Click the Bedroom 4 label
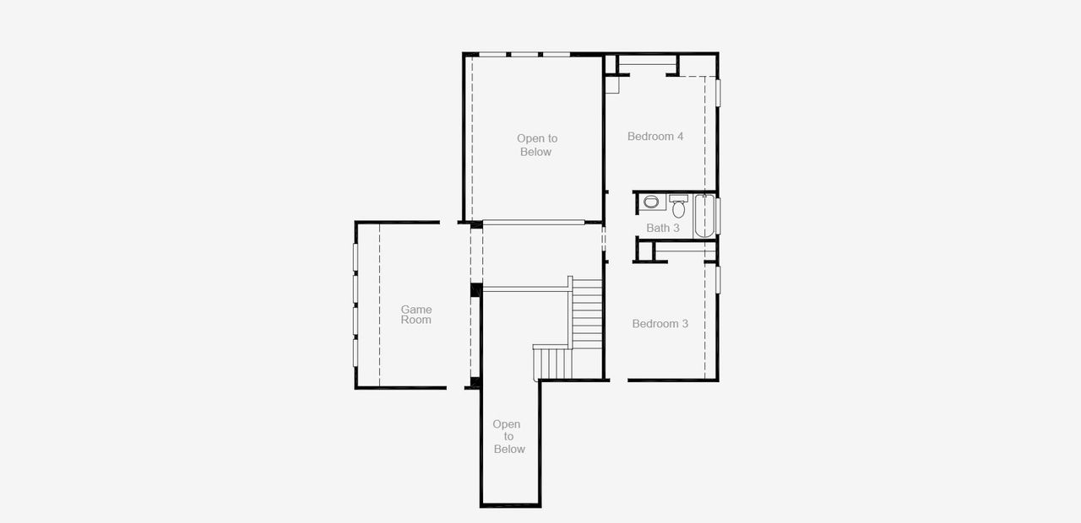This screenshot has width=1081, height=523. pyautogui.click(x=655, y=136)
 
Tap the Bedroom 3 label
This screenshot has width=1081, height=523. pyautogui.click(x=660, y=323)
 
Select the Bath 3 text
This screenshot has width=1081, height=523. pyautogui.click(x=663, y=228)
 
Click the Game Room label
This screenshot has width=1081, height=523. pyautogui.click(x=416, y=315)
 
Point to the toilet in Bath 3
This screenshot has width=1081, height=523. pyautogui.click(x=679, y=207)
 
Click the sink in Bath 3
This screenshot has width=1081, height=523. pyautogui.click(x=651, y=202)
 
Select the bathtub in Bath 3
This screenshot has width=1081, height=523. pyautogui.click(x=704, y=216)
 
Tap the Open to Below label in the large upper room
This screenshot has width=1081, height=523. pyautogui.click(x=536, y=145)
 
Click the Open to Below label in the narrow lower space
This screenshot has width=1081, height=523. pyautogui.click(x=508, y=436)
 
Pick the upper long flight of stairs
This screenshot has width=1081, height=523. pyautogui.click(x=587, y=315)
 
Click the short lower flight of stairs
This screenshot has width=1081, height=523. pyautogui.click(x=552, y=363)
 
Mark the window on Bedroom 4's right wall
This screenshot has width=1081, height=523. pyautogui.click(x=718, y=92)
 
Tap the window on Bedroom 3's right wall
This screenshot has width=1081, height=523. pyautogui.click(x=718, y=279)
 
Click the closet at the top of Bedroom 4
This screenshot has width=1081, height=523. pyautogui.click(x=648, y=64)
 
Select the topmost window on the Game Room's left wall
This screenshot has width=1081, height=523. pyautogui.click(x=356, y=259)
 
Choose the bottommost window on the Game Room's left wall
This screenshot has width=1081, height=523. pyautogui.click(x=356, y=353)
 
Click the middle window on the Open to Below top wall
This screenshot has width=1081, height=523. pyautogui.click(x=524, y=55)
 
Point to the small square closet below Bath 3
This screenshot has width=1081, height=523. pyautogui.click(x=644, y=251)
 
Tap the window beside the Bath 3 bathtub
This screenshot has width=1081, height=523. pyautogui.click(x=718, y=216)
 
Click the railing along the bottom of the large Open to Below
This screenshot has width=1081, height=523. pyautogui.click(x=534, y=223)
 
